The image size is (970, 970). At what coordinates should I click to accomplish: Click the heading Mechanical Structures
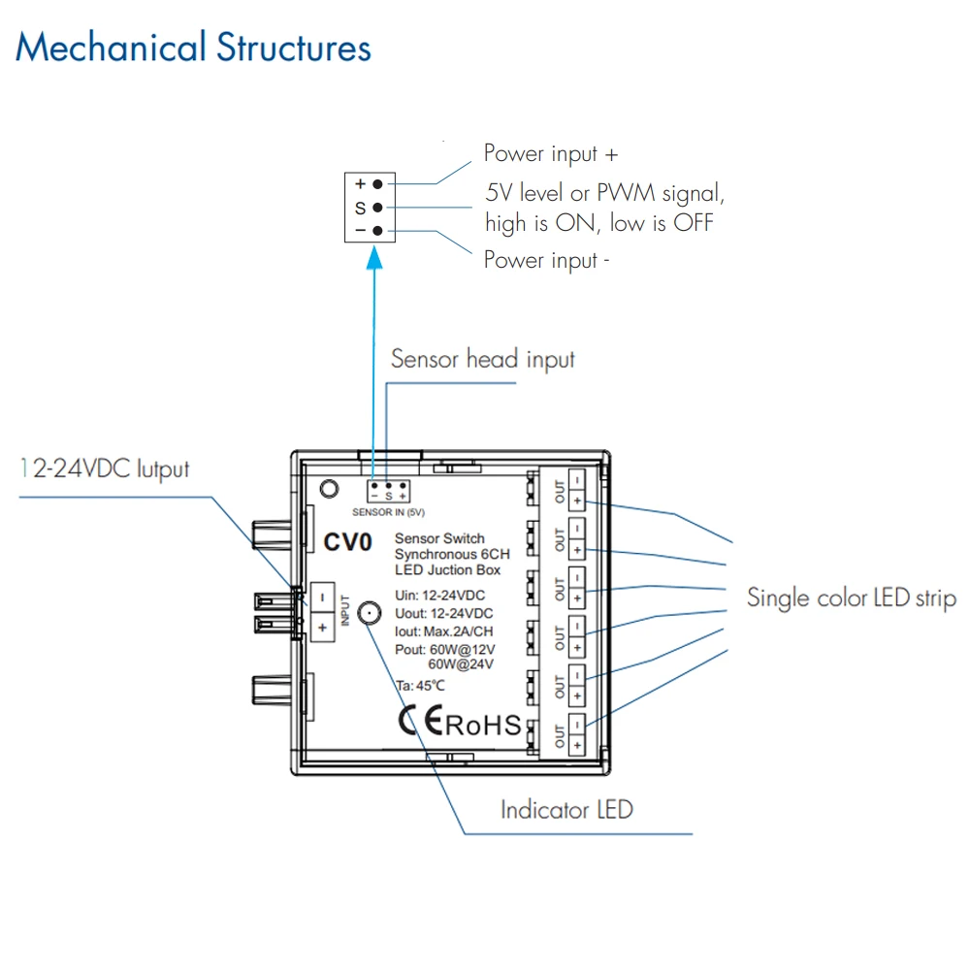click(193, 48)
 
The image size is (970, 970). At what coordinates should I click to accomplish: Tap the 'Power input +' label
click(551, 153)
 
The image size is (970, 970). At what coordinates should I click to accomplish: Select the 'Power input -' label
click(546, 260)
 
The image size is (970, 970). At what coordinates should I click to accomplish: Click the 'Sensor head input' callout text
click(482, 360)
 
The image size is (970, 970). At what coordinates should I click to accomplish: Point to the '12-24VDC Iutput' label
click(105, 469)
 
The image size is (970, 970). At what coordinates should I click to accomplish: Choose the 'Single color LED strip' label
click(852, 598)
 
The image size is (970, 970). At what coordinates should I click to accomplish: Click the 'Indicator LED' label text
click(566, 810)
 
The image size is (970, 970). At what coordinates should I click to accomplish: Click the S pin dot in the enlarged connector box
click(377, 208)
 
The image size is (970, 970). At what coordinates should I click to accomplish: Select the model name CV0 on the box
click(347, 542)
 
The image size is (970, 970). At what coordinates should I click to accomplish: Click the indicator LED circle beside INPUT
click(370, 613)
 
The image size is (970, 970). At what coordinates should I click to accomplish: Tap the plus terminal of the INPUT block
click(322, 628)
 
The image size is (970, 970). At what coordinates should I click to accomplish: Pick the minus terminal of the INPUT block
click(322, 598)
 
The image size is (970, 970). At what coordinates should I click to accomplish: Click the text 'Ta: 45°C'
click(420, 686)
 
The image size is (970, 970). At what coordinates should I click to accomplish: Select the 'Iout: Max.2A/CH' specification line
click(444, 631)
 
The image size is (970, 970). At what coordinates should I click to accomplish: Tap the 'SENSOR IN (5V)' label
click(389, 512)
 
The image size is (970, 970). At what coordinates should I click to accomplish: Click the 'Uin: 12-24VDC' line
click(439, 596)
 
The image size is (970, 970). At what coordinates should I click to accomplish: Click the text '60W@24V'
click(461, 664)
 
